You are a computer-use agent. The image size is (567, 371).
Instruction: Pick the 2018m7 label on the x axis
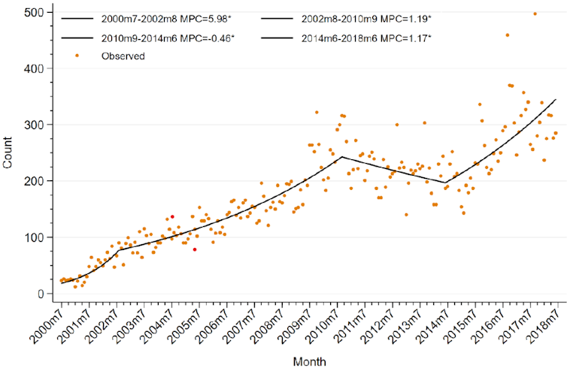pyautogui.click(x=549, y=322)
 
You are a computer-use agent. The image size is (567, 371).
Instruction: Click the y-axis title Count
pyautogui.click(x=8, y=153)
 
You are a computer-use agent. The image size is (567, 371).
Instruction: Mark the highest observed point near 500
pyautogui.click(x=535, y=14)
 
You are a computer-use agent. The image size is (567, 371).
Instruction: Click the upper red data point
pyautogui.click(x=172, y=217)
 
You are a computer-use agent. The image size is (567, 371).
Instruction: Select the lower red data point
pyautogui.click(x=194, y=249)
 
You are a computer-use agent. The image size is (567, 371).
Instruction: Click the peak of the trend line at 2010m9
pyautogui.click(x=341, y=157)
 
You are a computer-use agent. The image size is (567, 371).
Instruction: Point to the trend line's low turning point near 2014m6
pyautogui.click(x=446, y=182)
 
